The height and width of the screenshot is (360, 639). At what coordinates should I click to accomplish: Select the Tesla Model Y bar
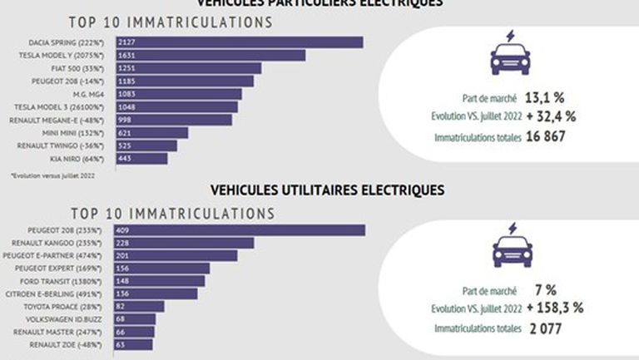[211, 55]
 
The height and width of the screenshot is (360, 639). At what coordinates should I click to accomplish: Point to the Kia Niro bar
[141, 158]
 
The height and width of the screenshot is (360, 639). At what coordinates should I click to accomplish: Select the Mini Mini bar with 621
[151, 132]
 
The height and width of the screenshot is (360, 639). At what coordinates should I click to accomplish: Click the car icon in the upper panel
[510, 52]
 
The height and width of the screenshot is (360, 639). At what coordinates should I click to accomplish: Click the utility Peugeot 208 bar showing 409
[240, 230]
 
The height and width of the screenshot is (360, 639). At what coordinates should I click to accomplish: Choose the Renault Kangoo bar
[185, 243]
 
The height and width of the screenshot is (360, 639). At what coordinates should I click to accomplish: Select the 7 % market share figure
[545, 290]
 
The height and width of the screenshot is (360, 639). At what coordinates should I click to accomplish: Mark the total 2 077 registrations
[545, 329]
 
